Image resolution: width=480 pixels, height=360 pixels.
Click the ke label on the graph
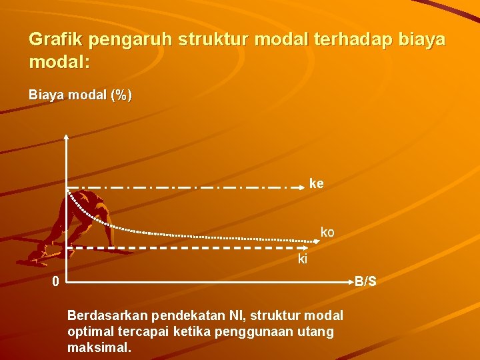(x=316, y=183)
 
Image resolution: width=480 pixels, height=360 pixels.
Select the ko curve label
(x=327, y=233)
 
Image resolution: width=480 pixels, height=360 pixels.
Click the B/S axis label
(x=365, y=282)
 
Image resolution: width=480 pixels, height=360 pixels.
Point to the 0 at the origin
(x=57, y=282)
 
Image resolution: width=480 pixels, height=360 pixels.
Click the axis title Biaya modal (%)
(x=80, y=95)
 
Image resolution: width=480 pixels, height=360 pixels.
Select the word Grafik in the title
(x=55, y=39)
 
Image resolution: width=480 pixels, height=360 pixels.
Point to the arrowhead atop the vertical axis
(x=67, y=137)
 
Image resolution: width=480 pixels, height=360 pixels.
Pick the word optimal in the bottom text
(x=88, y=331)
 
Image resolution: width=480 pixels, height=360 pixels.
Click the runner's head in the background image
(x=85, y=198)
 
